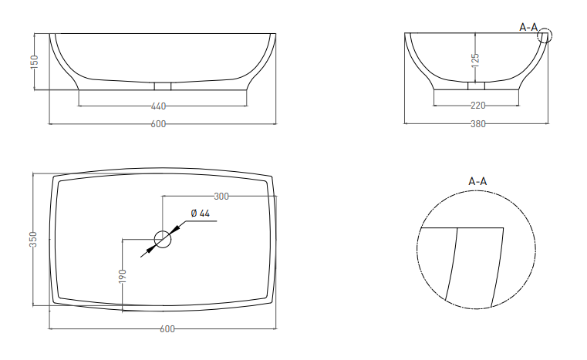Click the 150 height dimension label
34,62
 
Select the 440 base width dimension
158,106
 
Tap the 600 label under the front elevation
158,124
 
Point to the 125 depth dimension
475,61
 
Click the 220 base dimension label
478,106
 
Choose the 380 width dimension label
478,124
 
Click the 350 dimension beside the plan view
33,240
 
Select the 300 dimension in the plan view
221,196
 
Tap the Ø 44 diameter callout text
201,214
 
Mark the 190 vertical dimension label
123,276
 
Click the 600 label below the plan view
167,329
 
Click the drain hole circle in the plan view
163,231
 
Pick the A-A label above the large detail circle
477,181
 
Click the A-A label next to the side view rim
528,27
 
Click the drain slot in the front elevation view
163,86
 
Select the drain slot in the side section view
476,86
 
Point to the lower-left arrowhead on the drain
150,249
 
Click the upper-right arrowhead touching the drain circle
175,230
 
